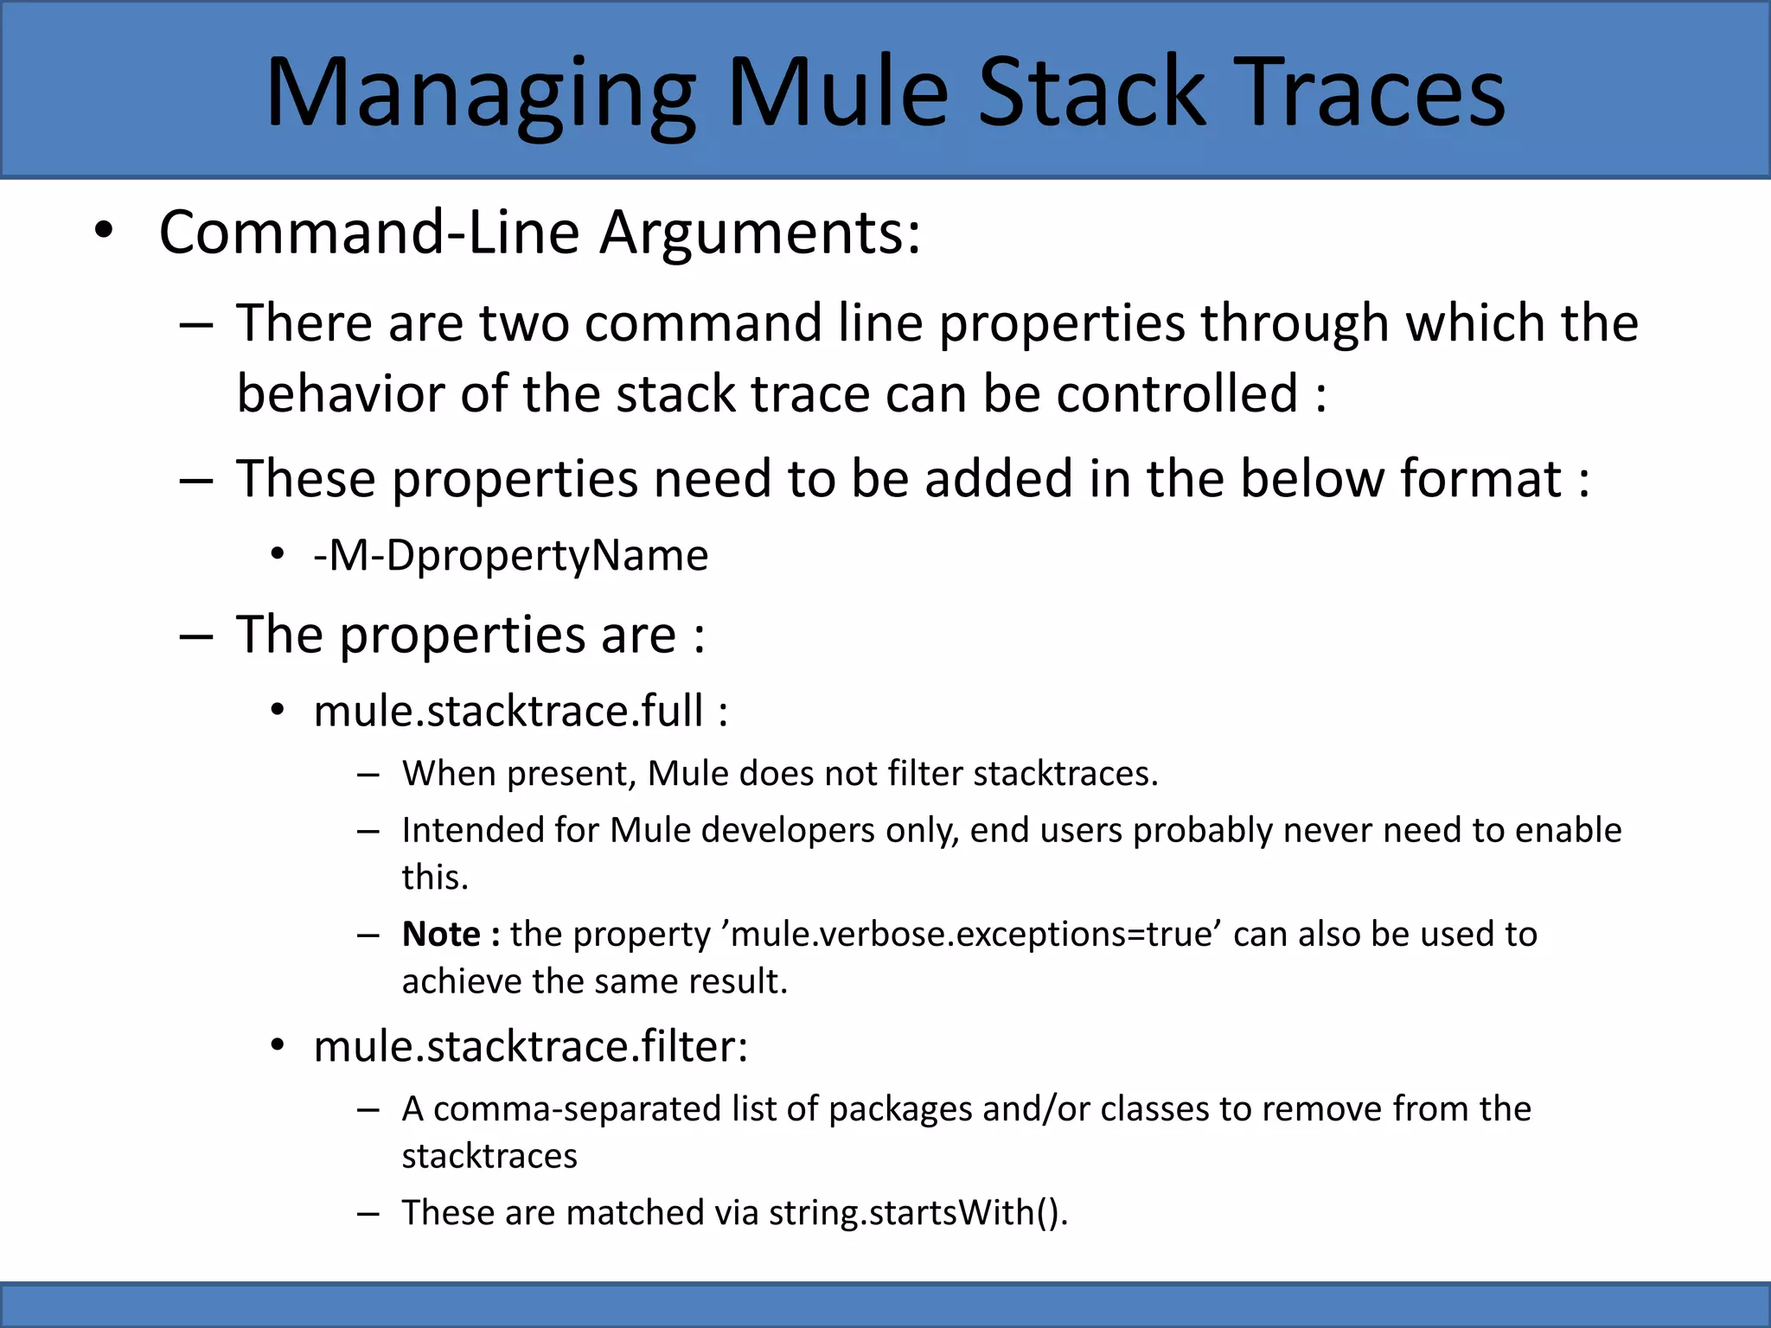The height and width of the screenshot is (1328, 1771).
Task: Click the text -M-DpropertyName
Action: tap(510, 555)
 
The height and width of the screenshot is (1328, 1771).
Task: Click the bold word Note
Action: tap(441, 934)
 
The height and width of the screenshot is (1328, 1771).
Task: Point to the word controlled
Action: tap(1176, 394)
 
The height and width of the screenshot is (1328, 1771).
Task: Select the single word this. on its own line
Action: tap(434, 877)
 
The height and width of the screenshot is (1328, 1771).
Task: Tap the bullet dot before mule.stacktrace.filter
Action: tap(277, 1045)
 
